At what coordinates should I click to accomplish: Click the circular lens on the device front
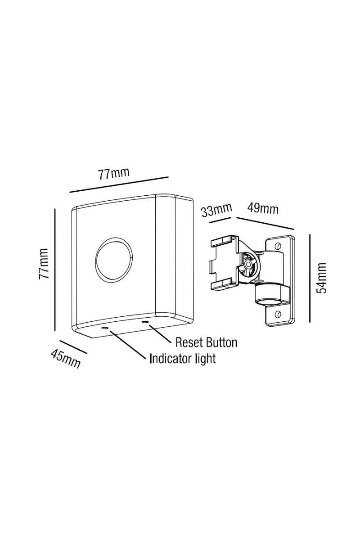point(113,260)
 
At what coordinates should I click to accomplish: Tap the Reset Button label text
point(206,342)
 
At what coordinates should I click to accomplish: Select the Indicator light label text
point(182,358)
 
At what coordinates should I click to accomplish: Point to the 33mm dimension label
point(216,210)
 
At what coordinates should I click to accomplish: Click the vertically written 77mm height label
point(44,264)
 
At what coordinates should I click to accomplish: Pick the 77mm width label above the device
point(114,173)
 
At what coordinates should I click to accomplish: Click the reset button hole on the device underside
point(145,322)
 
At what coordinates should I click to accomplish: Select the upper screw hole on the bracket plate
point(279,245)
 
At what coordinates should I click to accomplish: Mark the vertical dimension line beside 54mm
point(310,278)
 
